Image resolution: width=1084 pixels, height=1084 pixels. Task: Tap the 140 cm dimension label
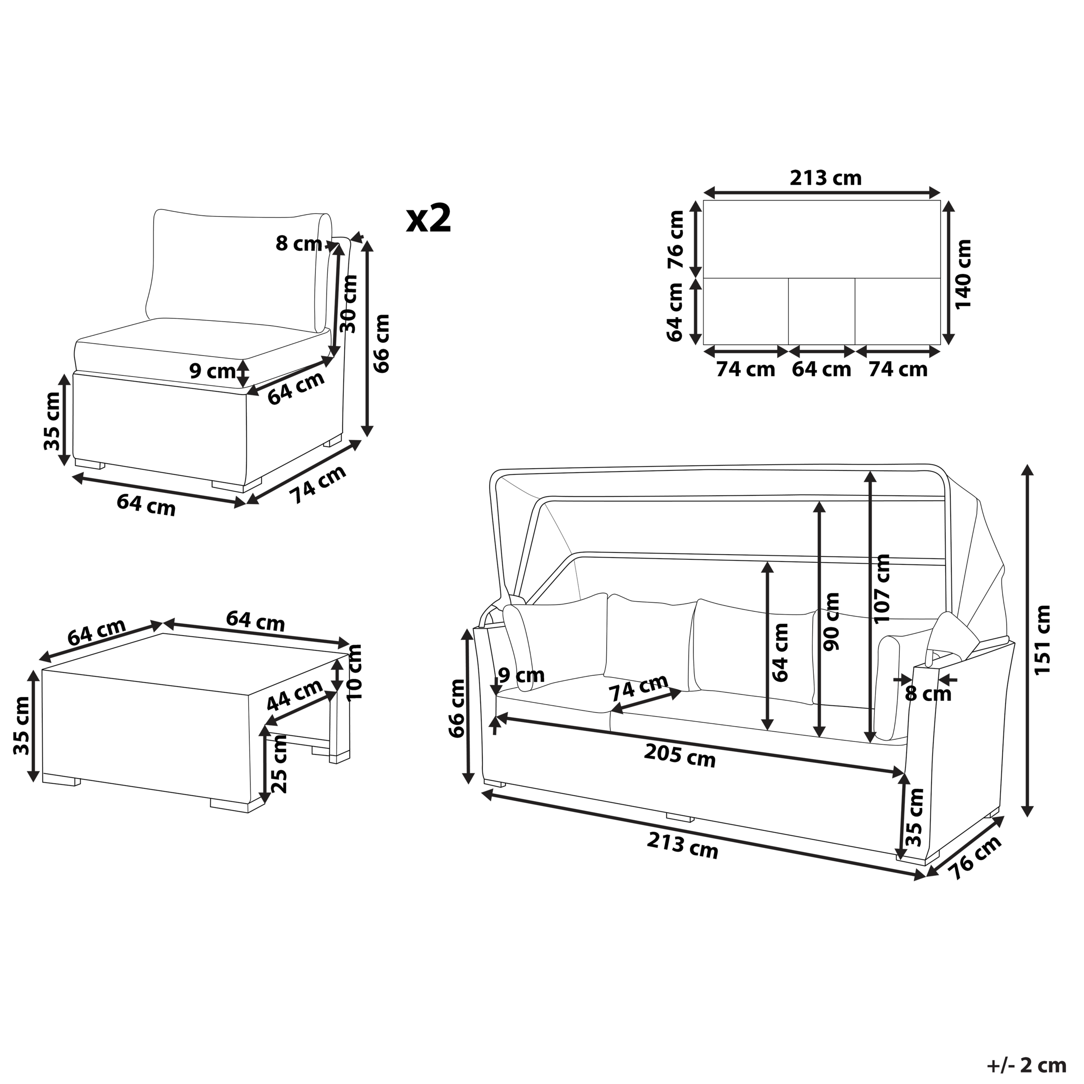(x=963, y=274)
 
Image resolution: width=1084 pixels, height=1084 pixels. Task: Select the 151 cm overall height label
(x=1042, y=640)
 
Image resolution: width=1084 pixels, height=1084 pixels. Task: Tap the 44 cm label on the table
(x=295, y=694)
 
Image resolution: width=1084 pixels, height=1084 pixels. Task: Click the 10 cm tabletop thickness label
(x=354, y=672)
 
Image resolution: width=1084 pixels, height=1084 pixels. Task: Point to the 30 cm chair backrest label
(x=349, y=304)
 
